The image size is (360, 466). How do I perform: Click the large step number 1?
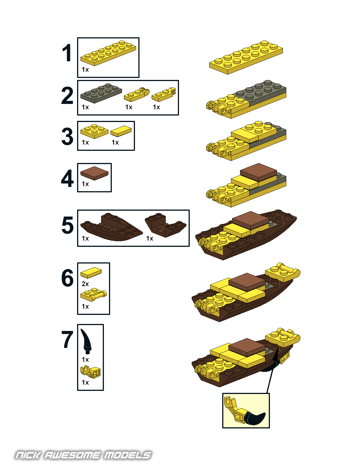(67, 53)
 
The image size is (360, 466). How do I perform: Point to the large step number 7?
(67, 339)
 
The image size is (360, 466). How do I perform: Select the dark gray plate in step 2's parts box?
(101, 93)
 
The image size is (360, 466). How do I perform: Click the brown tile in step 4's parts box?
(94, 173)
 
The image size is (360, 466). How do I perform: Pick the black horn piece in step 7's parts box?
(86, 341)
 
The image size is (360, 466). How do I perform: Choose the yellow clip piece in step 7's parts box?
(90, 372)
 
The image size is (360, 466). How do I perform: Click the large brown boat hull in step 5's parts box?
(111, 227)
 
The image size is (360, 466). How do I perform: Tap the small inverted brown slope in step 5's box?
(165, 225)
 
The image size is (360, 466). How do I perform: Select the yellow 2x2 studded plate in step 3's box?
(94, 131)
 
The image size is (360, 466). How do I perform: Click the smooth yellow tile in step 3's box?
(121, 131)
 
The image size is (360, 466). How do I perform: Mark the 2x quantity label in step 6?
(85, 284)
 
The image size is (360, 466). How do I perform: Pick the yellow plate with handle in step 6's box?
(93, 295)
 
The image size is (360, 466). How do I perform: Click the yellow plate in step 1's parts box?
(108, 53)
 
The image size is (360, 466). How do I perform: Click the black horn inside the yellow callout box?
(255, 418)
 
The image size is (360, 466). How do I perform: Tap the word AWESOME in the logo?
(72, 455)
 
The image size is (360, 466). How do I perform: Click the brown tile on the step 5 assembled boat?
(250, 221)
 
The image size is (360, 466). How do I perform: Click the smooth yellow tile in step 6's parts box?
(91, 273)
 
